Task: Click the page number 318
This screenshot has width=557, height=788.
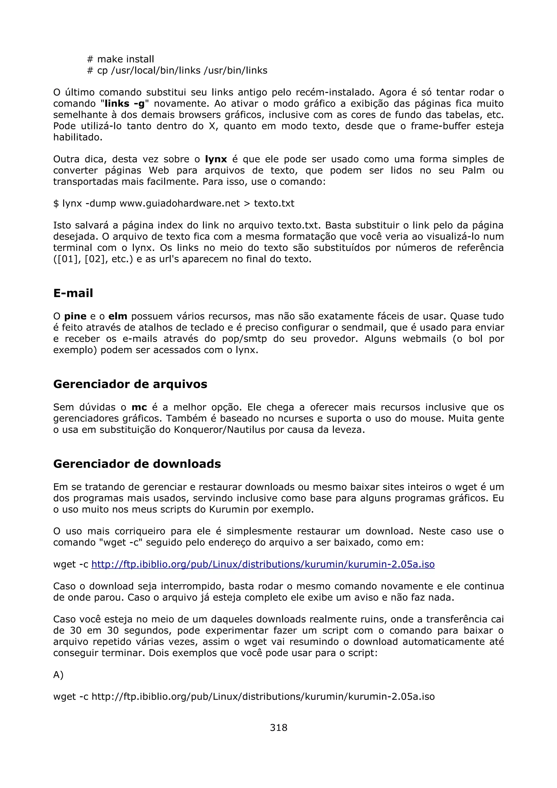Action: tap(278, 727)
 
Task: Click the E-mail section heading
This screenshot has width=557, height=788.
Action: tap(73, 293)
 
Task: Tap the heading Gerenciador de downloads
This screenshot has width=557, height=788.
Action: tap(137, 464)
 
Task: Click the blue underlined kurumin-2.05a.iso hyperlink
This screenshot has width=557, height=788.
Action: tap(263, 564)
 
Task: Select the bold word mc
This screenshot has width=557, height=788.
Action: tap(139, 407)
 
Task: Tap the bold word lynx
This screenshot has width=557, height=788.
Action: tap(216, 159)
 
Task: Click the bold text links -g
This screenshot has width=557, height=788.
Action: tap(125, 104)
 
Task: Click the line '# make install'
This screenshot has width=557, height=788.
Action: tap(120, 59)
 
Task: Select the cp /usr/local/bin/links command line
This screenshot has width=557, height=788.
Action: tap(177, 71)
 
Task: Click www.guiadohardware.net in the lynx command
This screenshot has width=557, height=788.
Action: tap(180, 203)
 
